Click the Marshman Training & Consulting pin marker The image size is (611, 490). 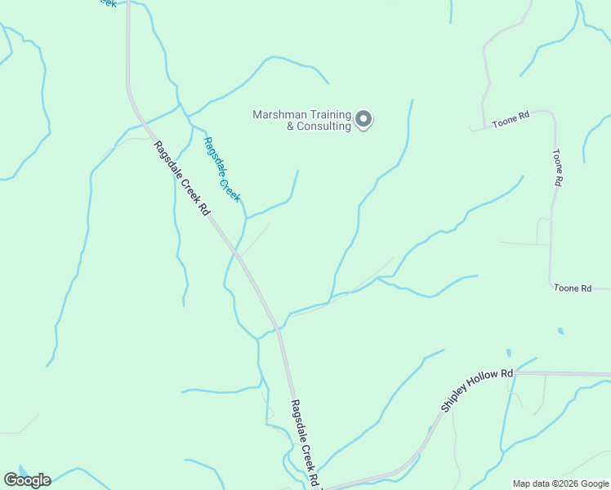point(364,119)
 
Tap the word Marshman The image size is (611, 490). point(279,115)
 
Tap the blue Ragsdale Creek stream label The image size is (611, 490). point(221,168)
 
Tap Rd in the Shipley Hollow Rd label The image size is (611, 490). point(506,374)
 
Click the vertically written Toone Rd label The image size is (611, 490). point(557,167)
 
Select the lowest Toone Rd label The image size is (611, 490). point(572,288)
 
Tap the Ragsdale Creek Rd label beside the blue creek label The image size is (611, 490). point(182,177)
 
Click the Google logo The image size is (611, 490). point(27,480)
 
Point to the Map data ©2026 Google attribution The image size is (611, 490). point(560,483)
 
